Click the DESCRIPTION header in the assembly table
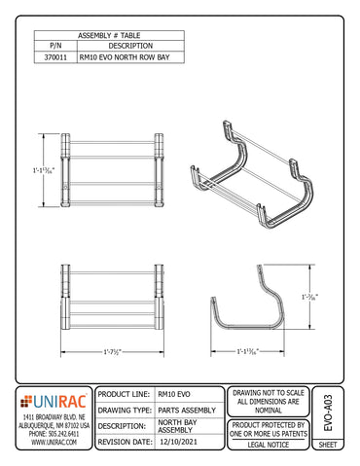click(x=128, y=46)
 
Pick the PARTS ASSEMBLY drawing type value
click(x=185, y=410)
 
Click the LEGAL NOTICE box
click(x=270, y=443)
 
